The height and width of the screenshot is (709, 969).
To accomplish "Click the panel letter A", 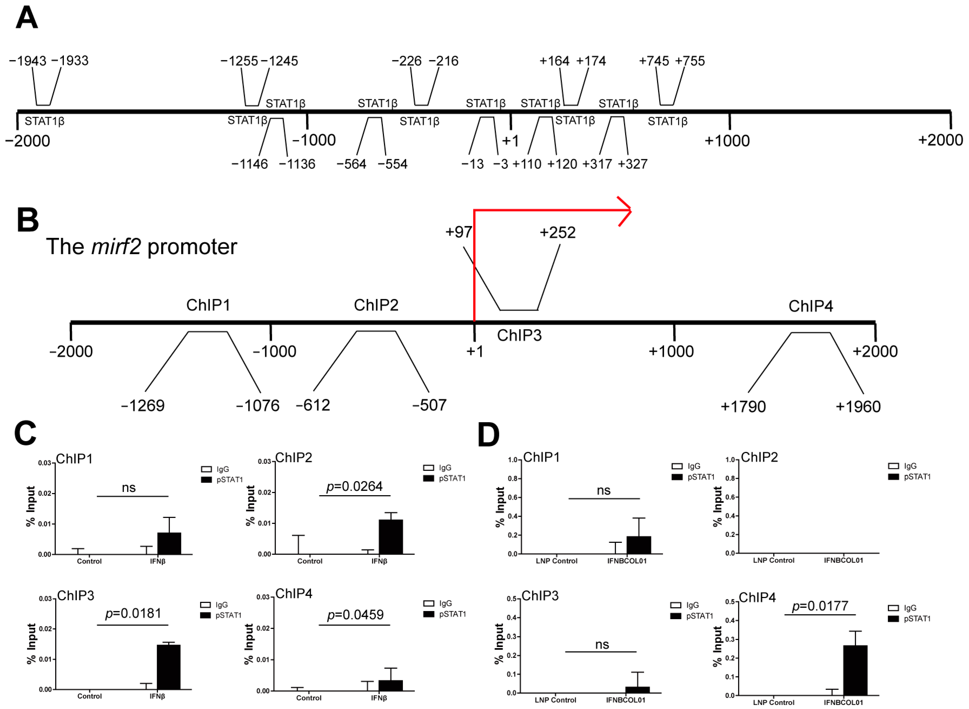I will coord(27,18).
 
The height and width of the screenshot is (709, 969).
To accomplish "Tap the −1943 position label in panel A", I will coord(28,61).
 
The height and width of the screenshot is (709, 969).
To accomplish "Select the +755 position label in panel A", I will coord(690,61).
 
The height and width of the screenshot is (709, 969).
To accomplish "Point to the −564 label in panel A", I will coord(351,164).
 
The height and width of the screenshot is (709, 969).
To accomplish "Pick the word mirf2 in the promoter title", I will coord(116,247).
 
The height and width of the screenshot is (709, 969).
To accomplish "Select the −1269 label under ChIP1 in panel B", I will coord(143,406).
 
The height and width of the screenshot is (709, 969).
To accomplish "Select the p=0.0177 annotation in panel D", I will coord(820,606).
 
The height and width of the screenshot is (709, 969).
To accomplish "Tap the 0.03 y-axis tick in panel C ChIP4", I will coord(263,597).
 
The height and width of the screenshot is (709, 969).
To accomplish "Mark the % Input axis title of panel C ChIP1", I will coord(31,506).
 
